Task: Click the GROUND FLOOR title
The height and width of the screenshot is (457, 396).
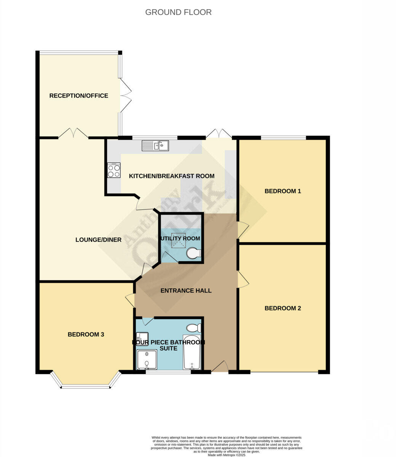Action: (x=178, y=12)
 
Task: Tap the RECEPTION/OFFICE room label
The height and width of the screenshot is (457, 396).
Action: (x=79, y=96)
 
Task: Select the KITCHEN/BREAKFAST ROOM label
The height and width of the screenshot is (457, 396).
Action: (x=172, y=176)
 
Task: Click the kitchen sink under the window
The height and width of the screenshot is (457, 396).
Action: (x=155, y=145)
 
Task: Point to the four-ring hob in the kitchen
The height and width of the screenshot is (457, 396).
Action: (x=114, y=170)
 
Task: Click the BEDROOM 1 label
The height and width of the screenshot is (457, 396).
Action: (x=283, y=191)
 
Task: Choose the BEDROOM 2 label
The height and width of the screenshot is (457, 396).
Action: (x=283, y=308)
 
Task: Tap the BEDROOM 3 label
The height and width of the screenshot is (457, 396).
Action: (x=86, y=334)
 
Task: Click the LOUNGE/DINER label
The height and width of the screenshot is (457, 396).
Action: (x=98, y=240)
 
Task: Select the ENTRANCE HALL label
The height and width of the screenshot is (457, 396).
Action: (x=186, y=291)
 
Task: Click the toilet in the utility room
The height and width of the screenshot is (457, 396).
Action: (x=194, y=253)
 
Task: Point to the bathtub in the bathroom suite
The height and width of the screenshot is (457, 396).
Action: (x=192, y=352)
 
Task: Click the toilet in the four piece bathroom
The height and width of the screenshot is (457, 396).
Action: (x=194, y=328)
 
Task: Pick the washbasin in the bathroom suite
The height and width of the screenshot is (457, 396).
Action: (x=142, y=337)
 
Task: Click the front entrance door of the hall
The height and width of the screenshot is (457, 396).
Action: (x=220, y=366)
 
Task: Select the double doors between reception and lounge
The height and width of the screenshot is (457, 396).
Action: (x=73, y=133)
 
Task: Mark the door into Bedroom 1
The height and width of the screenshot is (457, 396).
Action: (x=242, y=230)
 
